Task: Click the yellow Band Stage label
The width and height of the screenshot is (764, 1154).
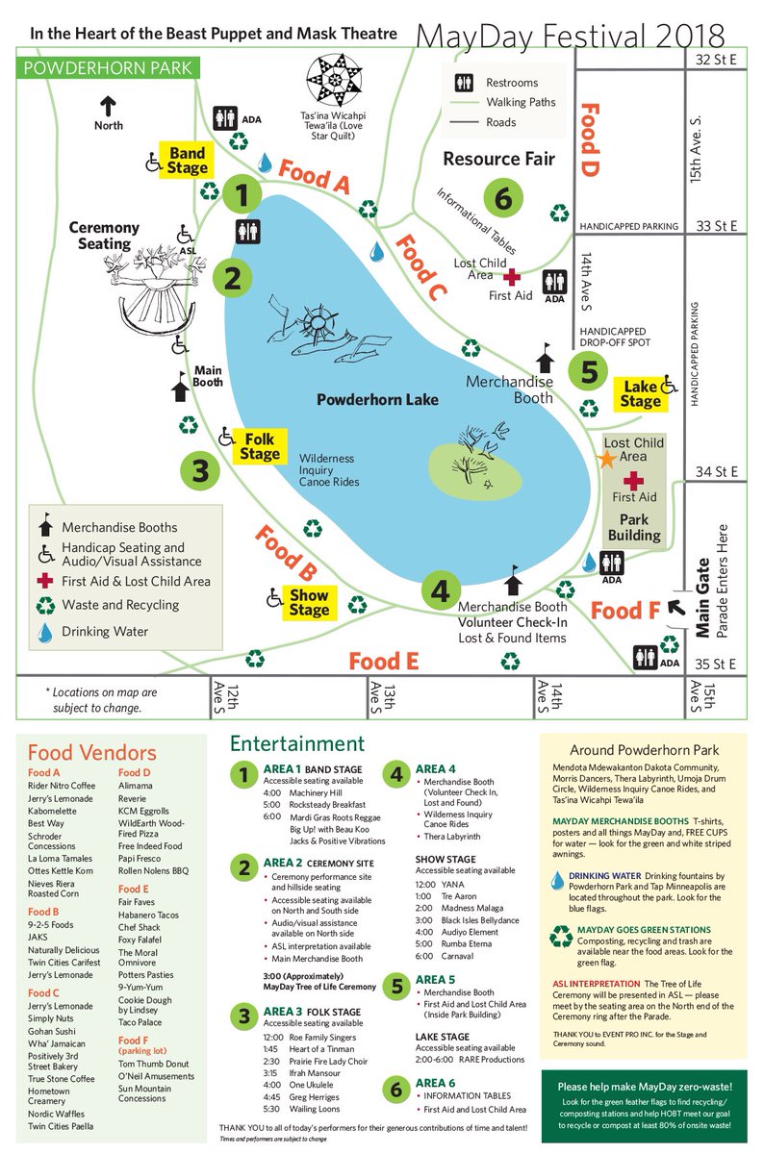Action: (x=188, y=161)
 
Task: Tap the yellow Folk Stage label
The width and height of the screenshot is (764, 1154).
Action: (x=260, y=445)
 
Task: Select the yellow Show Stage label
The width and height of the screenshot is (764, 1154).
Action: (x=309, y=602)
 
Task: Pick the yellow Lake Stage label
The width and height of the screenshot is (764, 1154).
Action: (x=640, y=394)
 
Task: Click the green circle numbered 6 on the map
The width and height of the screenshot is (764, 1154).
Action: (x=502, y=200)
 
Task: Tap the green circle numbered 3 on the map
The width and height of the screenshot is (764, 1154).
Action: (x=200, y=471)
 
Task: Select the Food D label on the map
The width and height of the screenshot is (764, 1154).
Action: (x=589, y=139)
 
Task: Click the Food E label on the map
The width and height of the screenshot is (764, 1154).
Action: (x=384, y=661)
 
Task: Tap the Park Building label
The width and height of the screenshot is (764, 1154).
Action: (x=634, y=528)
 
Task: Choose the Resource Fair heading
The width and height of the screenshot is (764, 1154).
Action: (x=499, y=159)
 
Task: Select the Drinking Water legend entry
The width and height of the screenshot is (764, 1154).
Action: (x=106, y=632)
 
